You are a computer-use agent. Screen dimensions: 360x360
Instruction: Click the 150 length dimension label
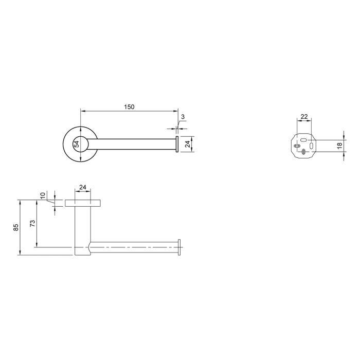click(x=129, y=107)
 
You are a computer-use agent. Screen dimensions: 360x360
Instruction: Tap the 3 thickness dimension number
click(x=183, y=117)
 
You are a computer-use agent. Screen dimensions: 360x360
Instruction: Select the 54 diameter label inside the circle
click(x=77, y=145)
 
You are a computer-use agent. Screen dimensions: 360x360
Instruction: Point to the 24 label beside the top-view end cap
click(x=188, y=145)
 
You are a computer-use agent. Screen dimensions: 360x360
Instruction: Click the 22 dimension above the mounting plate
click(x=304, y=117)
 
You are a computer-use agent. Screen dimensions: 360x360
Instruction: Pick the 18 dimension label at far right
click(x=340, y=146)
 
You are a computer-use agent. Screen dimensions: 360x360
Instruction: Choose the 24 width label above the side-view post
click(x=82, y=188)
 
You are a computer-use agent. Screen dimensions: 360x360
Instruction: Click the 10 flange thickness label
click(x=43, y=196)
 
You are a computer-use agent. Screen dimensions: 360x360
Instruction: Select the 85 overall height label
click(x=16, y=227)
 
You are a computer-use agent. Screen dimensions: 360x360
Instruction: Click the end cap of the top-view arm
click(x=177, y=145)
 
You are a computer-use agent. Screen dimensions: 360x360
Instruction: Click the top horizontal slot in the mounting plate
click(x=304, y=139)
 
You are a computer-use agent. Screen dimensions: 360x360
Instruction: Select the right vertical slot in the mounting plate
click(x=311, y=146)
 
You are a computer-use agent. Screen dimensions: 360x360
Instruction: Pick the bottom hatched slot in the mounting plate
click(x=304, y=151)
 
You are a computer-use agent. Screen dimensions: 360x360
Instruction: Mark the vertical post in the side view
click(x=82, y=226)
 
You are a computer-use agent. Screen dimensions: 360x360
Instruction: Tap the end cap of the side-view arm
click(x=179, y=247)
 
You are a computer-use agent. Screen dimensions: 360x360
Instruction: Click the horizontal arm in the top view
click(x=136, y=145)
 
